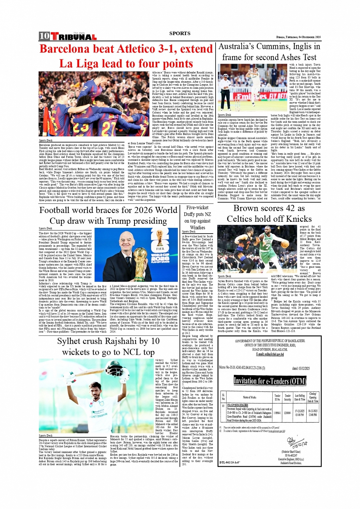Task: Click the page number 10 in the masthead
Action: (x=44, y=36)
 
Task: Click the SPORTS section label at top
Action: (x=179, y=33)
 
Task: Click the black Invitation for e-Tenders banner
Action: (x=269, y=381)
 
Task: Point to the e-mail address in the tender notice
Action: (x=269, y=354)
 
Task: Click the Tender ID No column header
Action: (x=277, y=397)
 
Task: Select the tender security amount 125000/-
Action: (x=288, y=413)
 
